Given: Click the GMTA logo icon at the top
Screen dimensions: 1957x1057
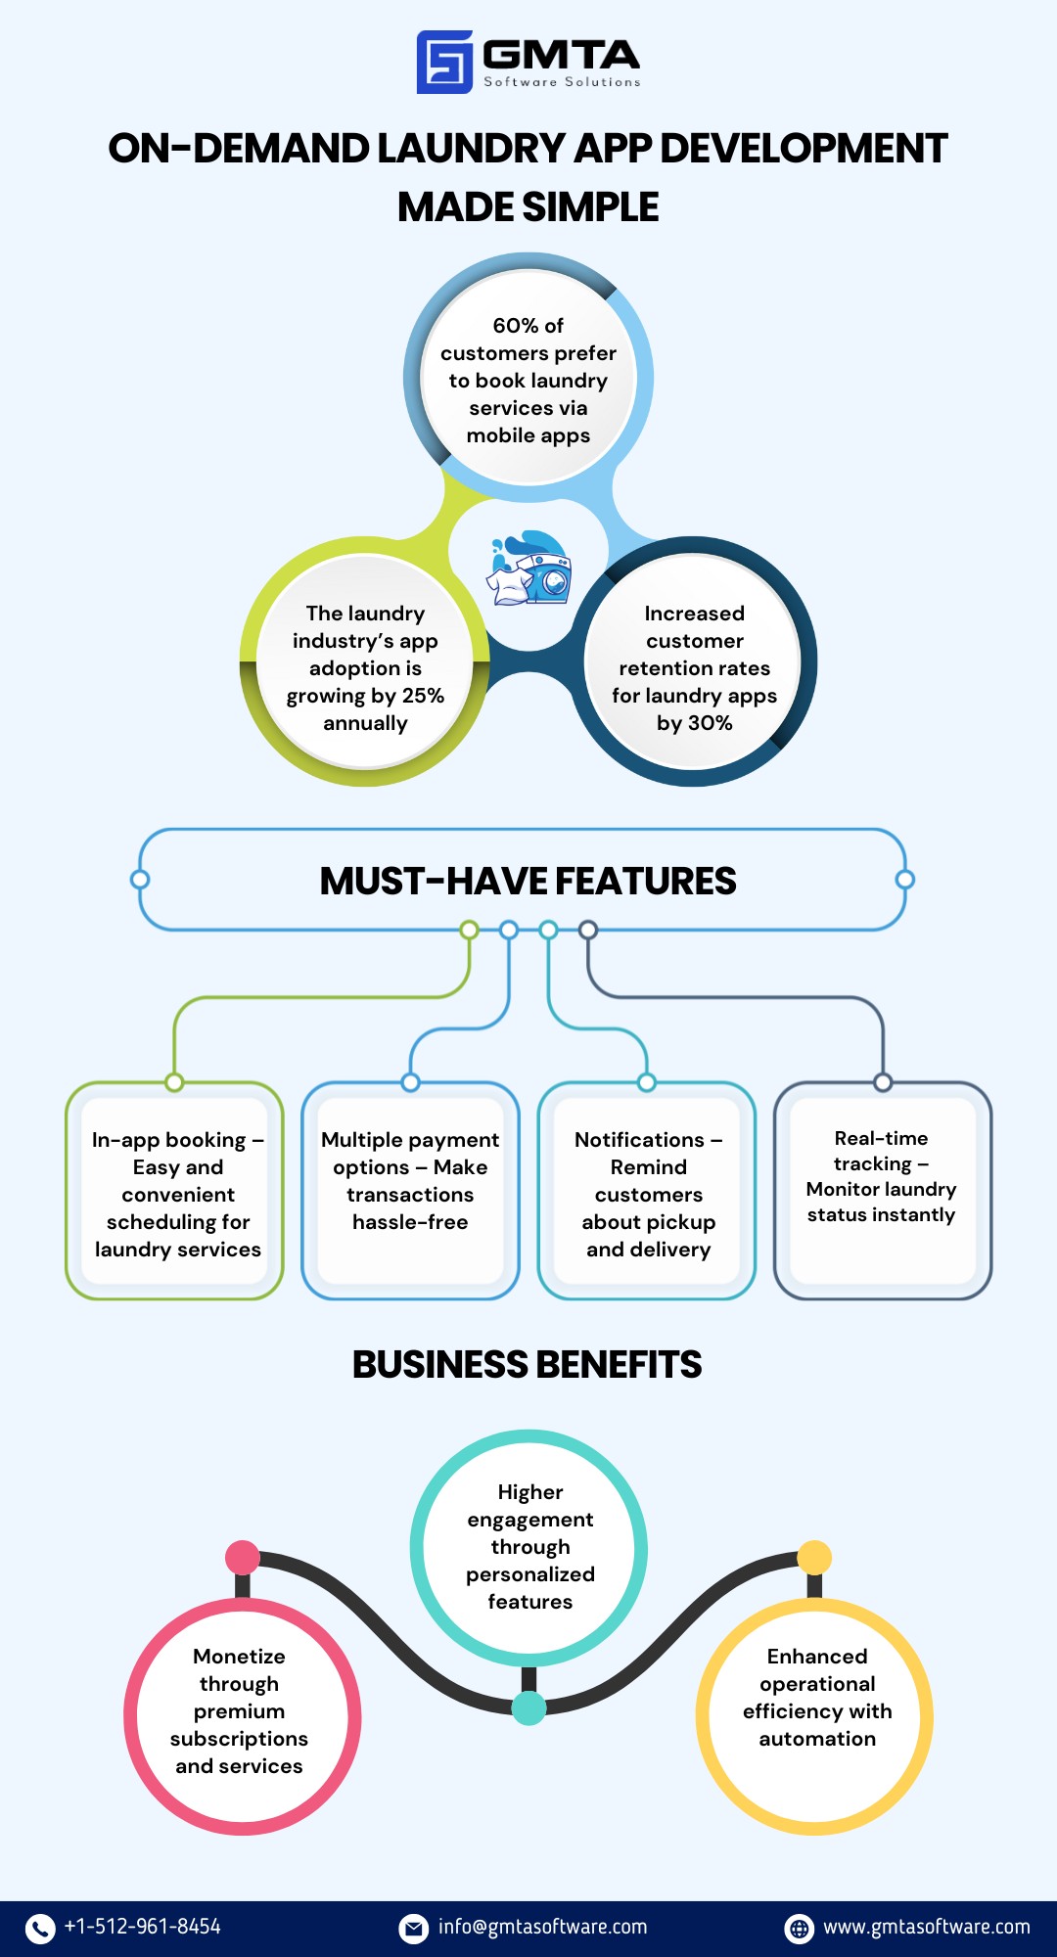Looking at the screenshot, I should point(444,62).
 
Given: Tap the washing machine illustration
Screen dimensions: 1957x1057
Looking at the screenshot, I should point(531,569).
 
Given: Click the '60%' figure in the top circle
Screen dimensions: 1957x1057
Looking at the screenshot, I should point(514,326).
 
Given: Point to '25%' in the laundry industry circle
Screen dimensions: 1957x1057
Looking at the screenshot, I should point(423,696).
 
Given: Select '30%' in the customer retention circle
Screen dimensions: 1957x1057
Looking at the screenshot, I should point(709,723).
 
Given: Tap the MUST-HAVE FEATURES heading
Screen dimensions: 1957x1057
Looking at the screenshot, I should point(528,882).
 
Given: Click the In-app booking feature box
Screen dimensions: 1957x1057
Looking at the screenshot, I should point(174,1191).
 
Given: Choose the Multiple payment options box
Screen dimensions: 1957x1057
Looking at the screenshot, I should point(410,1191).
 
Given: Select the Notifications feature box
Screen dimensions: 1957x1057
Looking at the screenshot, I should point(647,1191).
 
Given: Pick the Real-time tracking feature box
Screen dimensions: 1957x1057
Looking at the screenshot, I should point(883,1191).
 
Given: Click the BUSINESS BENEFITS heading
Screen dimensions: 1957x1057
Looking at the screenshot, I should point(528,1365).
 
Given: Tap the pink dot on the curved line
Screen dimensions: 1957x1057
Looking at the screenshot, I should point(242,1557).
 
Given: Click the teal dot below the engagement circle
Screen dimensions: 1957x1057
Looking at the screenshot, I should point(528,1708).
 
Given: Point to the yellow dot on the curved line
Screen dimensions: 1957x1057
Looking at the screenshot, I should point(814,1557).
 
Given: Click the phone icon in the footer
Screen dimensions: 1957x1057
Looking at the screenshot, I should point(40,1928).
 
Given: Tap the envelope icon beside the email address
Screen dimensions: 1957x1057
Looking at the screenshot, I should point(414,1928).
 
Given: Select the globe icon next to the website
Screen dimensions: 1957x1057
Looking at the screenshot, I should point(800,1928).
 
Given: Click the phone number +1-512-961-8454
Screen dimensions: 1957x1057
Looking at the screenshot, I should point(143,1927).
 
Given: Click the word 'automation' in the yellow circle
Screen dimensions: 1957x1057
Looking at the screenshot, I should point(817,1739).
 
